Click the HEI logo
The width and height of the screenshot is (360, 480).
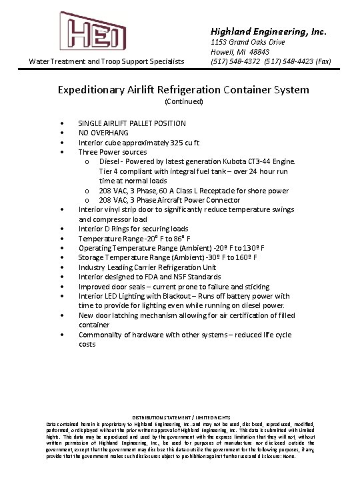(x=92, y=31)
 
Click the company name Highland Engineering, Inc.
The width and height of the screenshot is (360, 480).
(x=269, y=31)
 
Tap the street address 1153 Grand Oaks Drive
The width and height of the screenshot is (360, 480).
(x=248, y=42)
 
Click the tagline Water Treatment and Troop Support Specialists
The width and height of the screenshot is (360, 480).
(x=107, y=61)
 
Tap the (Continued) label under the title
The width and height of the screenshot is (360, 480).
(x=183, y=102)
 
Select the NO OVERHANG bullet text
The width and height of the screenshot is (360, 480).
(x=103, y=133)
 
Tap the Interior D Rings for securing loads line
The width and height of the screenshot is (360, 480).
(x=133, y=229)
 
